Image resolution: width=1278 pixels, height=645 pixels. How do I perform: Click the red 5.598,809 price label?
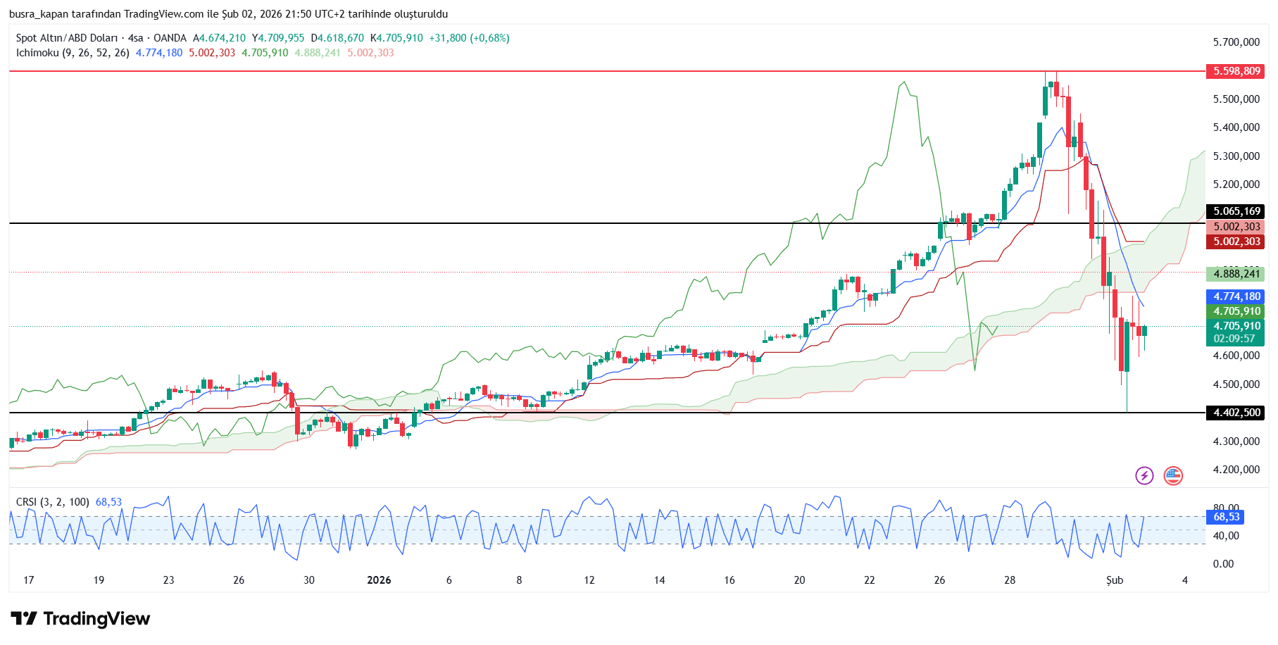coord(1236,71)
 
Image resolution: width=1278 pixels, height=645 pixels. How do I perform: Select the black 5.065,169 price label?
coord(1236,211)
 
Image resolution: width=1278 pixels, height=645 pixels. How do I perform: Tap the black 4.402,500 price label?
coord(1236,413)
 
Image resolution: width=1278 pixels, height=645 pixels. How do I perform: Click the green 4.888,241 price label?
coord(1236,274)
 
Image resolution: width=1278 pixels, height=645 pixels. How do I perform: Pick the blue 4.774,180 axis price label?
coord(1236,296)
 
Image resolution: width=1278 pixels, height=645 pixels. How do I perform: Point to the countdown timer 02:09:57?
coord(1233,339)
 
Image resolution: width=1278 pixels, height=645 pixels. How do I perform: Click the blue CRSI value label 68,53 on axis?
coord(1226,517)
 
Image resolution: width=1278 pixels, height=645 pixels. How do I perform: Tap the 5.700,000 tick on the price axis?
coord(1236,42)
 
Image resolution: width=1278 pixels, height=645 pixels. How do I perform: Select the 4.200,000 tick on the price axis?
coord(1236,470)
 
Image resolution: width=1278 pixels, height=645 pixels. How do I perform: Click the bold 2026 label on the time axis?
coord(379,580)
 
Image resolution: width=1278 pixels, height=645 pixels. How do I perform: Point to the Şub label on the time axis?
coord(1114,580)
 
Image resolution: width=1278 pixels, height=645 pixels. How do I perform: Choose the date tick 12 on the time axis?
coord(589,580)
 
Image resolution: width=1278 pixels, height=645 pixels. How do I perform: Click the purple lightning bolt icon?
coord(1144,476)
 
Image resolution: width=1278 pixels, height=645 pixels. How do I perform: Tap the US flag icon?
coord(1172,476)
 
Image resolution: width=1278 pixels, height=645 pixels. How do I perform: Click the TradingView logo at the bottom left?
coord(80,619)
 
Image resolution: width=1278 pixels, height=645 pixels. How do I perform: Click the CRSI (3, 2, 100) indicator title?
coord(53,502)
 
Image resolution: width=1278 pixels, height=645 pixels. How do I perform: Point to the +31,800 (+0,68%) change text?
coord(469,38)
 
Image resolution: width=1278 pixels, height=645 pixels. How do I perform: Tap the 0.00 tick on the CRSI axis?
coord(1223,564)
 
